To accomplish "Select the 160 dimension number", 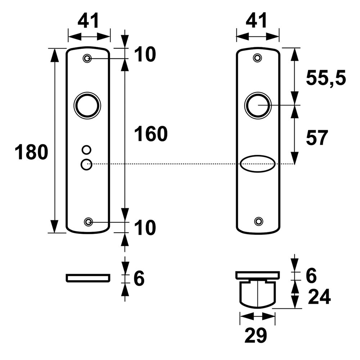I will click(151, 134).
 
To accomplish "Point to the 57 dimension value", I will click(317, 138).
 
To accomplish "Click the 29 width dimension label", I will click(256, 336).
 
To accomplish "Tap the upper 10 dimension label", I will click(145, 55).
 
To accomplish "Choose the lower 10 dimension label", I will click(145, 228).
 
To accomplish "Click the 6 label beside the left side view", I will click(139, 279).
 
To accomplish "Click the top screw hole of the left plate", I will click(87, 58).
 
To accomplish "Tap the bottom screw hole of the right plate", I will click(258, 221).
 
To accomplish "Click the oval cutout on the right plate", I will click(258, 164).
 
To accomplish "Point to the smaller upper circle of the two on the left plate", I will click(86, 149).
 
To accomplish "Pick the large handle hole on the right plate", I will click(258, 105).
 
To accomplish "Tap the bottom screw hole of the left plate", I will click(88, 222).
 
